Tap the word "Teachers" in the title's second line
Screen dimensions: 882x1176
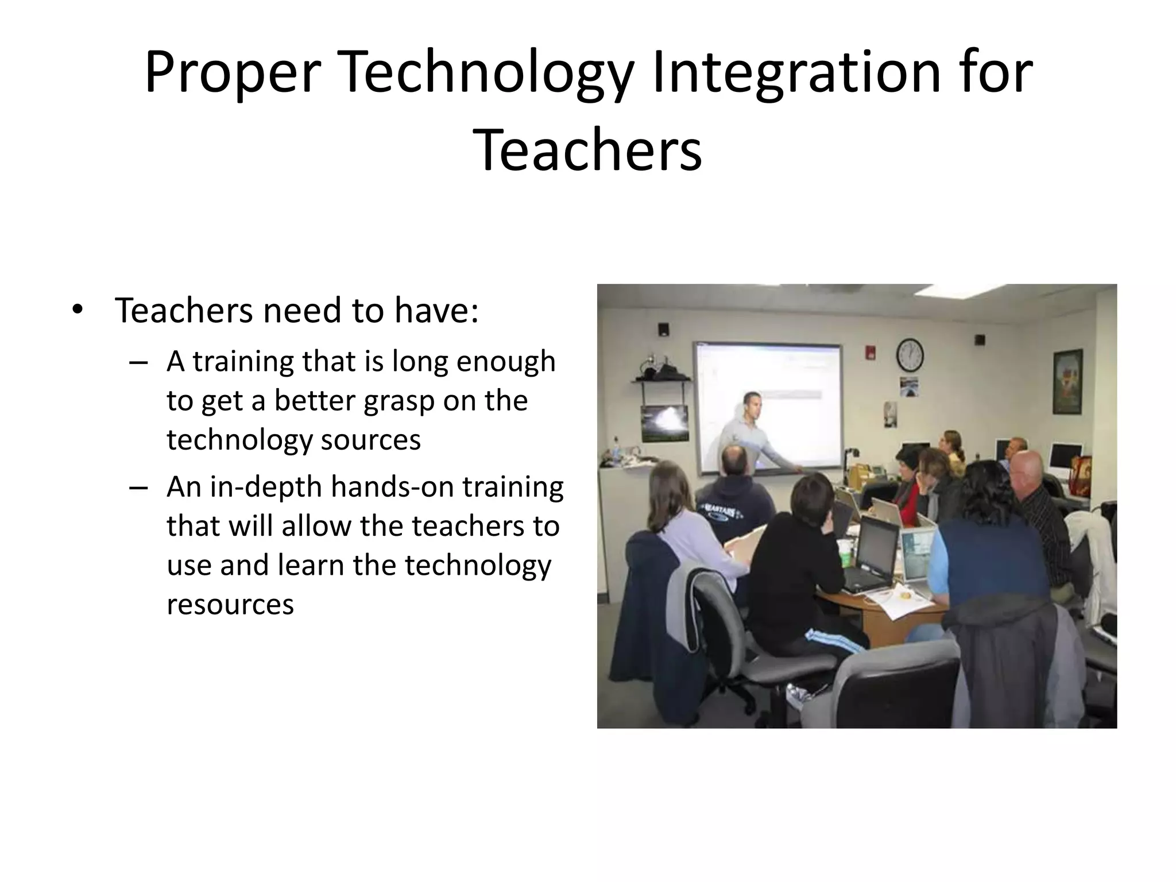(587, 150)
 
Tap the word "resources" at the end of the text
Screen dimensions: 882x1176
(230, 604)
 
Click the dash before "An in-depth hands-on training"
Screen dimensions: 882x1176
(138, 488)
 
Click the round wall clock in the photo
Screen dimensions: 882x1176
(910, 355)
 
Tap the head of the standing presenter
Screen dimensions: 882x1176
(753, 405)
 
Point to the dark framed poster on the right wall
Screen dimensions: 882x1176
(1067, 381)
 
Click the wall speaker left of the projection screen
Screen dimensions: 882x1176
(663, 330)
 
